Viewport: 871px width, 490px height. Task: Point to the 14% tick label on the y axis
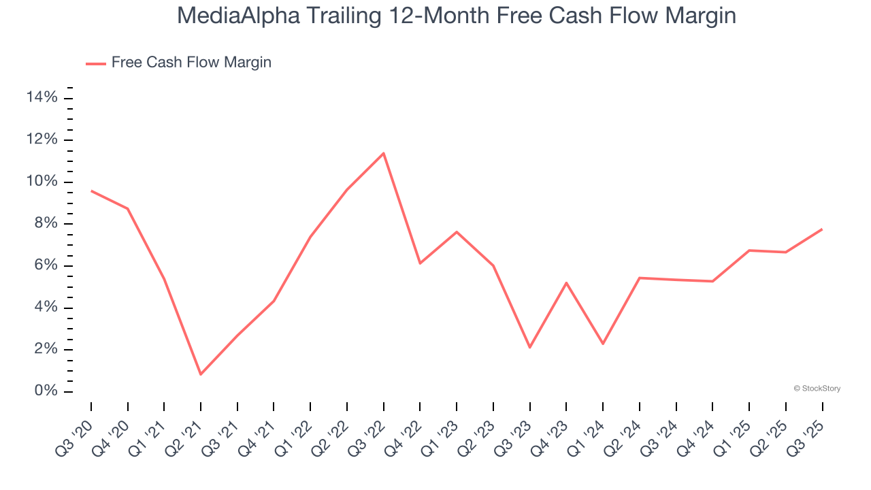[x=42, y=98]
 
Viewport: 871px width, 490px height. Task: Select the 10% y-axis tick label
[x=42, y=182]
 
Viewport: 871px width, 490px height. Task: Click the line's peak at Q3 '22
[x=384, y=153]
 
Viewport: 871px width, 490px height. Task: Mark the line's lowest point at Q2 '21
[x=201, y=374]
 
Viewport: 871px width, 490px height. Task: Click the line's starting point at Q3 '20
[x=91, y=191]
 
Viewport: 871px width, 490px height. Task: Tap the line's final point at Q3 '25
[x=822, y=229]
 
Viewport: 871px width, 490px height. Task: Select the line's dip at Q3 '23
[x=529, y=348]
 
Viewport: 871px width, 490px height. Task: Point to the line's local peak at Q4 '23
[x=566, y=282]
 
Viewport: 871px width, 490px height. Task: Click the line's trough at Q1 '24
[x=603, y=344]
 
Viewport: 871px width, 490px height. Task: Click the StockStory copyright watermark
[x=817, y=389]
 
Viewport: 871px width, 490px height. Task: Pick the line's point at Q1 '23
[x=457, y=232]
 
